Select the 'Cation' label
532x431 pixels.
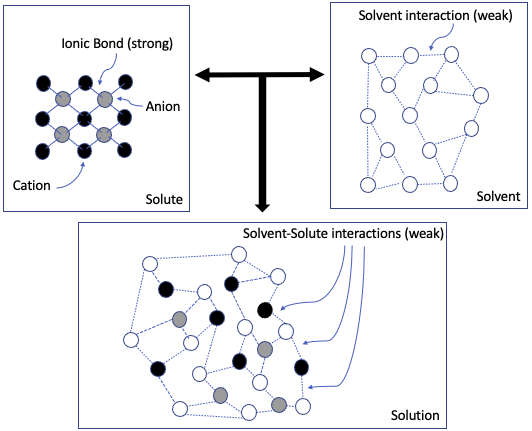tap(32, 185)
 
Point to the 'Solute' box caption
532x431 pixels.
tap(163, 199)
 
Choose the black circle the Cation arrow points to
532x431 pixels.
tap(84, 152)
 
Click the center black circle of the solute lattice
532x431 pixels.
tap(84, 116)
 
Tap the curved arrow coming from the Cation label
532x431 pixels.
tap(62, 176)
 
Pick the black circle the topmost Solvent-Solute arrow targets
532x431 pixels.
tap(265, 310)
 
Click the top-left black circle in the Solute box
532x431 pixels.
tap(43, 81)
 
